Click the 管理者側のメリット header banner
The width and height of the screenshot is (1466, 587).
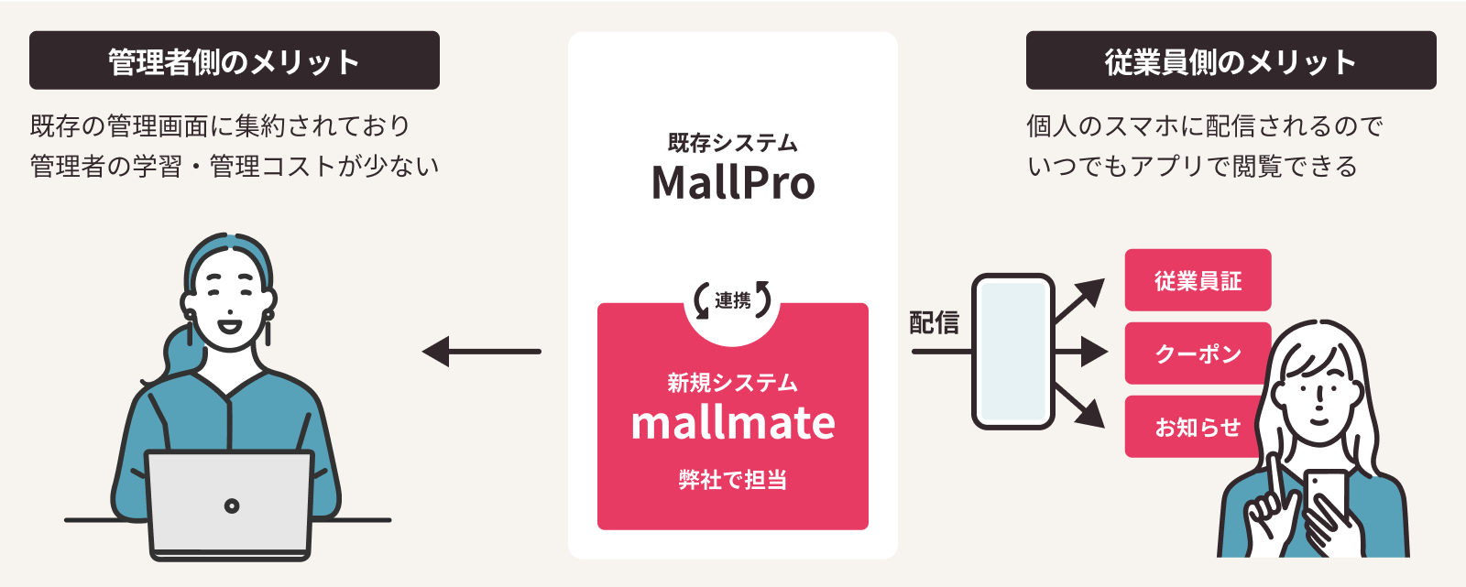tap(234, 60)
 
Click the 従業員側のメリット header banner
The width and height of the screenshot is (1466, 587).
tap(1231, 60)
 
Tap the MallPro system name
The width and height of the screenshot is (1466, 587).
tap(733, 182)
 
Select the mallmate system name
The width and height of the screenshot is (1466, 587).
tap(733, 423)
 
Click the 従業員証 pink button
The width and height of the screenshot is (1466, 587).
tap(1198, 280)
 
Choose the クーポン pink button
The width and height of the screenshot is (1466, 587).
tap(1198, 353)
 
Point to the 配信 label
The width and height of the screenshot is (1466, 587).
tap(934, 322)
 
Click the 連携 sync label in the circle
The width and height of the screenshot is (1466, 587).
tap(732, 300)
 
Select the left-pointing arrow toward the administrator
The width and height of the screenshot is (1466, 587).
tap(481, 351)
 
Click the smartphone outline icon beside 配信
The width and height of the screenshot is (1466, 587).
tap(1012, 351)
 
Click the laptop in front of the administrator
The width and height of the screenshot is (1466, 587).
tap(231, 504)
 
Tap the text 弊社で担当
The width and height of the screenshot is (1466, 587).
tap(733, 479)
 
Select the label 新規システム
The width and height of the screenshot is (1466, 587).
tap(733, 382)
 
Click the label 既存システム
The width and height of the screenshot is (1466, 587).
tap(733, 143)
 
